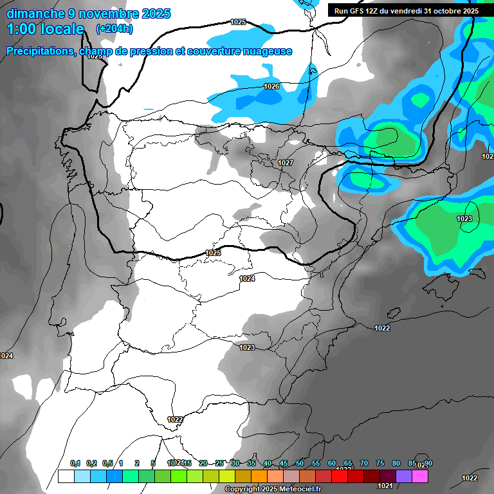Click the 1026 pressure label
click(x=271, y=86)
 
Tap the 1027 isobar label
click(x=286, y=163)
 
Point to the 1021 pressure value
click(x=387, y=486)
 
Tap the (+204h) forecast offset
click(x=114, y=29)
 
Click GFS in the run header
click(x=354, y=11)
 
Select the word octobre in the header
click(x=442, y=11)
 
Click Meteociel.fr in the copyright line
click(x=299, y=489)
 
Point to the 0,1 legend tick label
click(x=75, y=463)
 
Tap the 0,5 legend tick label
click(x=107, y=463)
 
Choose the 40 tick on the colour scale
click(x=267, y=463)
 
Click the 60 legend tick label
click(x=331, y=463)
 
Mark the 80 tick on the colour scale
click(x=396, y=463)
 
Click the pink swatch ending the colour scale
click(x=420, y=476)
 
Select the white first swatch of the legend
click(x=66, y=476)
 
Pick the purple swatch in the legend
click(x=404, y=476)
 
